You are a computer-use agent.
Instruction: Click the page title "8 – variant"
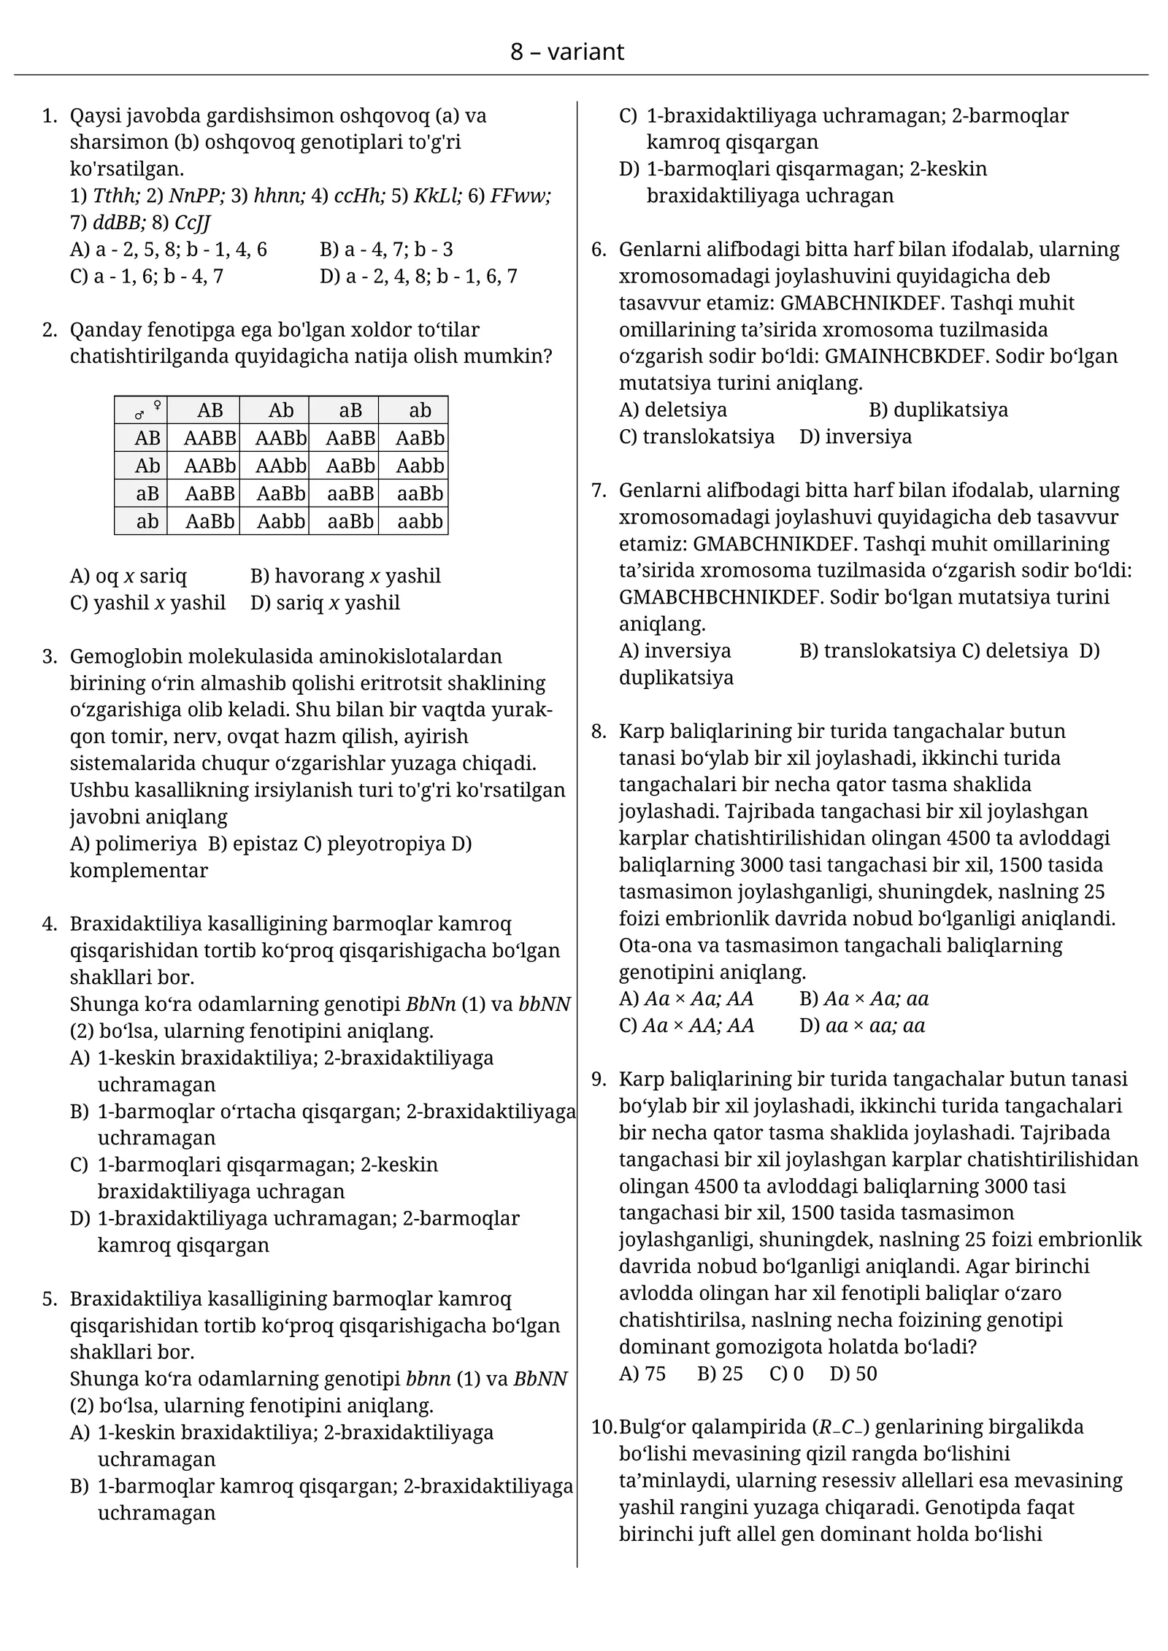pos(566,52)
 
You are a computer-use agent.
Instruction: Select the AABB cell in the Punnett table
pos(210,438)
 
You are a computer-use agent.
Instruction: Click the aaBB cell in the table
pos(350,493)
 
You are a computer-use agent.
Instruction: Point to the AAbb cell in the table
pos(280,466)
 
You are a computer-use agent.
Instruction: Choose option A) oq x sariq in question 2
pos(128,576)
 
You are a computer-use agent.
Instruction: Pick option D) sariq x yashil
pos(325,603)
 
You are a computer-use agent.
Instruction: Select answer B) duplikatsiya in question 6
pos(938,409)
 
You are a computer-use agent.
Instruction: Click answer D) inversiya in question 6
pos(856,436)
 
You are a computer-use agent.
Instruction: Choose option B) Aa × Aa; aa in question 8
pos(864,998)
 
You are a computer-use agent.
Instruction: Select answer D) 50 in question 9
pos(853,1374)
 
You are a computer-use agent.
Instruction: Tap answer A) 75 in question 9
pos(642,1374)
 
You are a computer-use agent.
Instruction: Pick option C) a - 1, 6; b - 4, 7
pos(147,276)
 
